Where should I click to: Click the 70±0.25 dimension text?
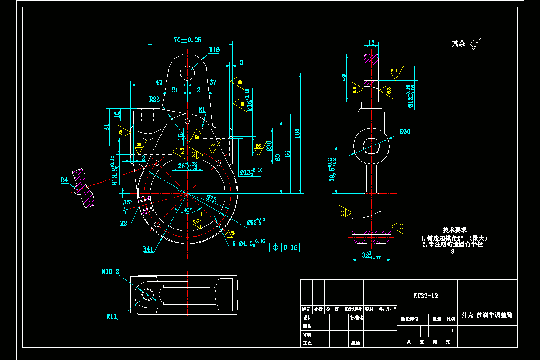[x=188, y=40]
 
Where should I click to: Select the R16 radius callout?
[x=214, y=50]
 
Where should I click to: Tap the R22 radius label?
[x=155, y=99]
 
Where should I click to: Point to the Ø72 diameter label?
[x=212, y=198]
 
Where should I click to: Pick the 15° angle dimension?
[x=128, y=202]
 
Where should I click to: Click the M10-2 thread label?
[x=110, y=272]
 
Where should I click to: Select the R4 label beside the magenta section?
[x=64, y=180]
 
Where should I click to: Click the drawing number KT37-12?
[x=426, y=296]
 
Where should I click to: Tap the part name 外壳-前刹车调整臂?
[x=487, y=315]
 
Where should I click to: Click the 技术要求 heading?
[x=454, y=229]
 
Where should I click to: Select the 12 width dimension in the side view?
[x=371, y=43]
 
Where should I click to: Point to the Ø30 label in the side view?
[x=405, y=131]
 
